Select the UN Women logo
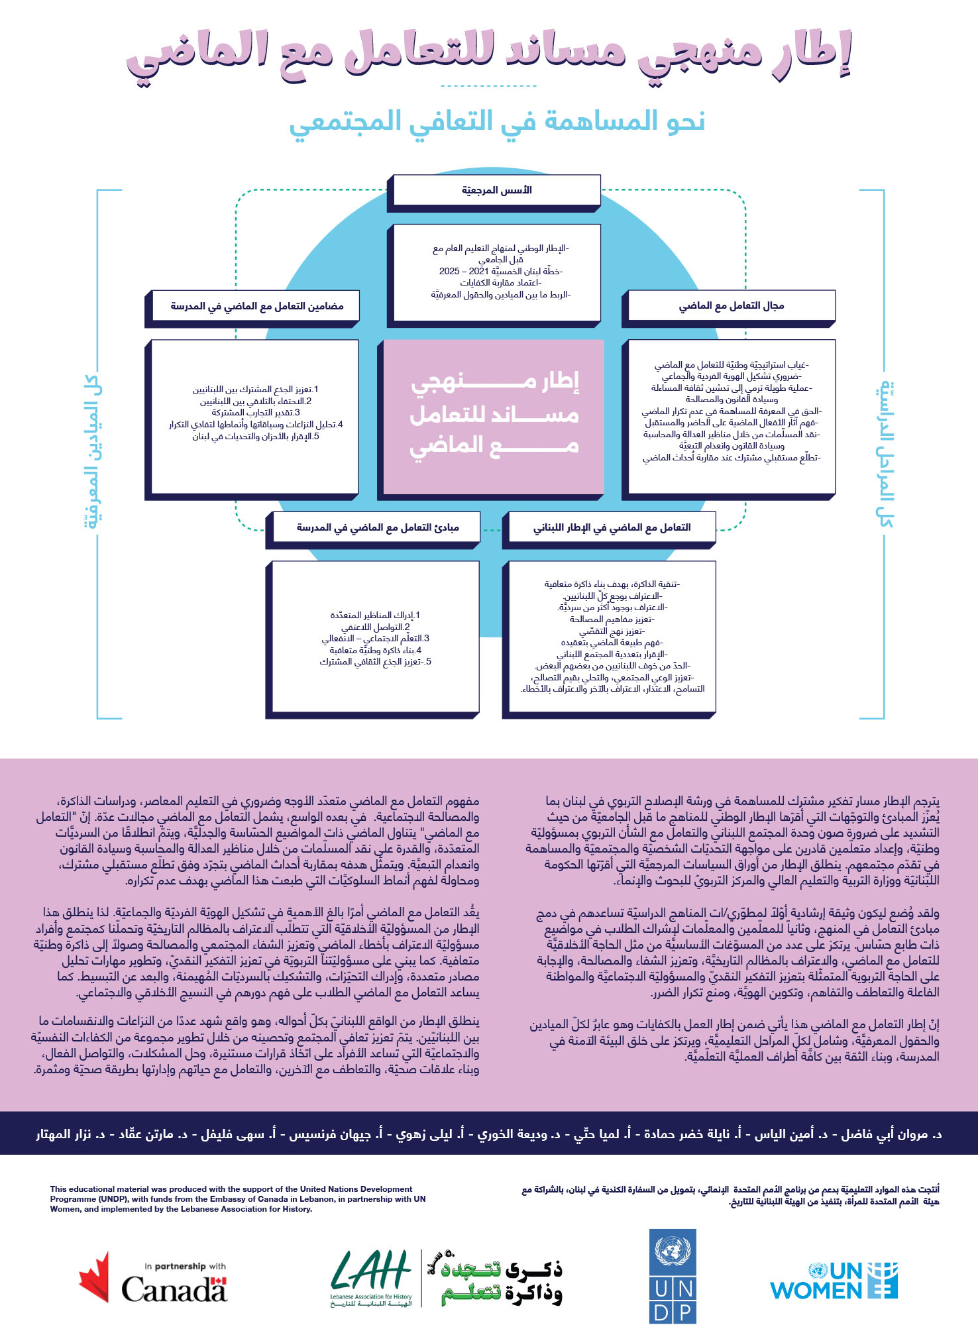834,1281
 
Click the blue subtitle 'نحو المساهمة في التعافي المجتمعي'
497,122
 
